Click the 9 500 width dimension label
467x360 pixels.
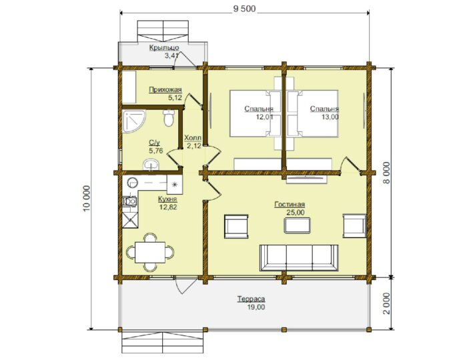click(244, 9)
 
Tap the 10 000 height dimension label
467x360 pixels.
click(86, 199)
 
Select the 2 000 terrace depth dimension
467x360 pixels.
click(386, 303)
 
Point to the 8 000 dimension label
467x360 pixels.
click(386, 173)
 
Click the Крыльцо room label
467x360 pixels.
click(164, 47)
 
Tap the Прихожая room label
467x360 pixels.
click(165, 89)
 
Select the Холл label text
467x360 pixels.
click(193, 138)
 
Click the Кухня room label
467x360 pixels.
click(167, 199)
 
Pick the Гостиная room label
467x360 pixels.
click(290, 205)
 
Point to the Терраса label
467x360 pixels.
click(251, 299)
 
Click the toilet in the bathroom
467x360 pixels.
click(169, 118)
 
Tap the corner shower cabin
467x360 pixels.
click(133, 121)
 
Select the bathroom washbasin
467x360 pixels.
click(151, 165)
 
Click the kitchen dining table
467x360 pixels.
click(150, 252)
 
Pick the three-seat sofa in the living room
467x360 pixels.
click(299, 258)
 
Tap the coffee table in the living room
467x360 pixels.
click(298, 225)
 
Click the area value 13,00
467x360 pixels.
click(330, 117)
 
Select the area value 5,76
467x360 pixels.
click(156, 151)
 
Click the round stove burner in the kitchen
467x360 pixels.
click(132, 183)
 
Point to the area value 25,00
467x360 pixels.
click(296, 213)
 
